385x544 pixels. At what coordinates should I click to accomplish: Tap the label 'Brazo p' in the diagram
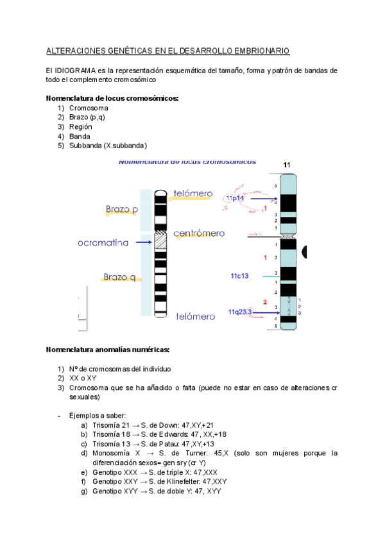point(122,209)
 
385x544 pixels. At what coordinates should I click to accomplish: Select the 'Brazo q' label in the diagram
point(119,277)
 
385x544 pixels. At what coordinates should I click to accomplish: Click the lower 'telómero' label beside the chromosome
point(196,316)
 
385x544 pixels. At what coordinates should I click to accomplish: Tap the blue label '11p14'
point(234,199)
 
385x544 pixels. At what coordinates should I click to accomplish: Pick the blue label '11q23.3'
point(241,312)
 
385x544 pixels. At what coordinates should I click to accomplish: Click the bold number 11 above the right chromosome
point(287,165)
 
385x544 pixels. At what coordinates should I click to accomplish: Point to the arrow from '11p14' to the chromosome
point(263,199)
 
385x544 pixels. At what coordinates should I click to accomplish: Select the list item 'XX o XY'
point(82,378)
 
